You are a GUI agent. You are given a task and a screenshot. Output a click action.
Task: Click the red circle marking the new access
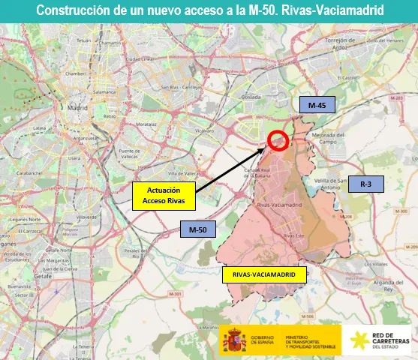(278, 140)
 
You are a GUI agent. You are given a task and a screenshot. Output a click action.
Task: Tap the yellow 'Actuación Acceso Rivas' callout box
(164, 196)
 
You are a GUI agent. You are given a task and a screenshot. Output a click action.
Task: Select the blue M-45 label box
(317, 106)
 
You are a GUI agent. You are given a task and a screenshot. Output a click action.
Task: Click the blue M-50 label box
(197, 228)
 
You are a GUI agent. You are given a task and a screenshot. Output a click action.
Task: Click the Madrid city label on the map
(77, 108)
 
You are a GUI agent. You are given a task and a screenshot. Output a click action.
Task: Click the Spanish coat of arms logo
(235, 339)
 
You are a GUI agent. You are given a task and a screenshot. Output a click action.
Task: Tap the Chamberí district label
(75, 73)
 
